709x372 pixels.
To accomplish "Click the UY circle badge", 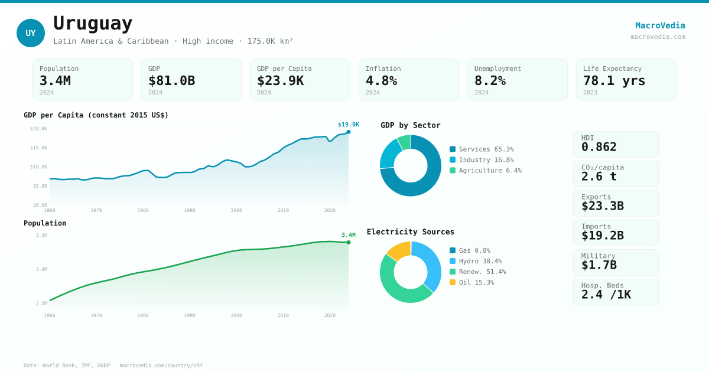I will point(31,33).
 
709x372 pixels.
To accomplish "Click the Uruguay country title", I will point(93,24).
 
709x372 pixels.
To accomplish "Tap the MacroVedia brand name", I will point(660,25).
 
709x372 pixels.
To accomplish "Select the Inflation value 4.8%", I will point(381,80).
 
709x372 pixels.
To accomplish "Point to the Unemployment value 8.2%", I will point(490,80).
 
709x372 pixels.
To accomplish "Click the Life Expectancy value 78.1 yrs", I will point(614,80).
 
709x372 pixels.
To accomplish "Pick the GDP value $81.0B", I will point(171,80).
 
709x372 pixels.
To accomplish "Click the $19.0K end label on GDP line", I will point(348,125).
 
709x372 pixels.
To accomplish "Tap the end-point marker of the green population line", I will point(349,242).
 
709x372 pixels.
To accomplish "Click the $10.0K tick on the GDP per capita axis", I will point(39,167).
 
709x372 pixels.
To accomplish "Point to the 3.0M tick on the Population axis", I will point(41,269).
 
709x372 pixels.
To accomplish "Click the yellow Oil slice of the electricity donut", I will point(399,250).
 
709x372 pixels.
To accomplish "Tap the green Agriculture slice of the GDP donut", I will point(404,142).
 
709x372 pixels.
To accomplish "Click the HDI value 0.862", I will point(599,147).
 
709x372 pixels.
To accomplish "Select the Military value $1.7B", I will point(599,265).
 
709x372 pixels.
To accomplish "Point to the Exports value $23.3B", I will point(602,206).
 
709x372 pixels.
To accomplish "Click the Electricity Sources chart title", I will point(411,232).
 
